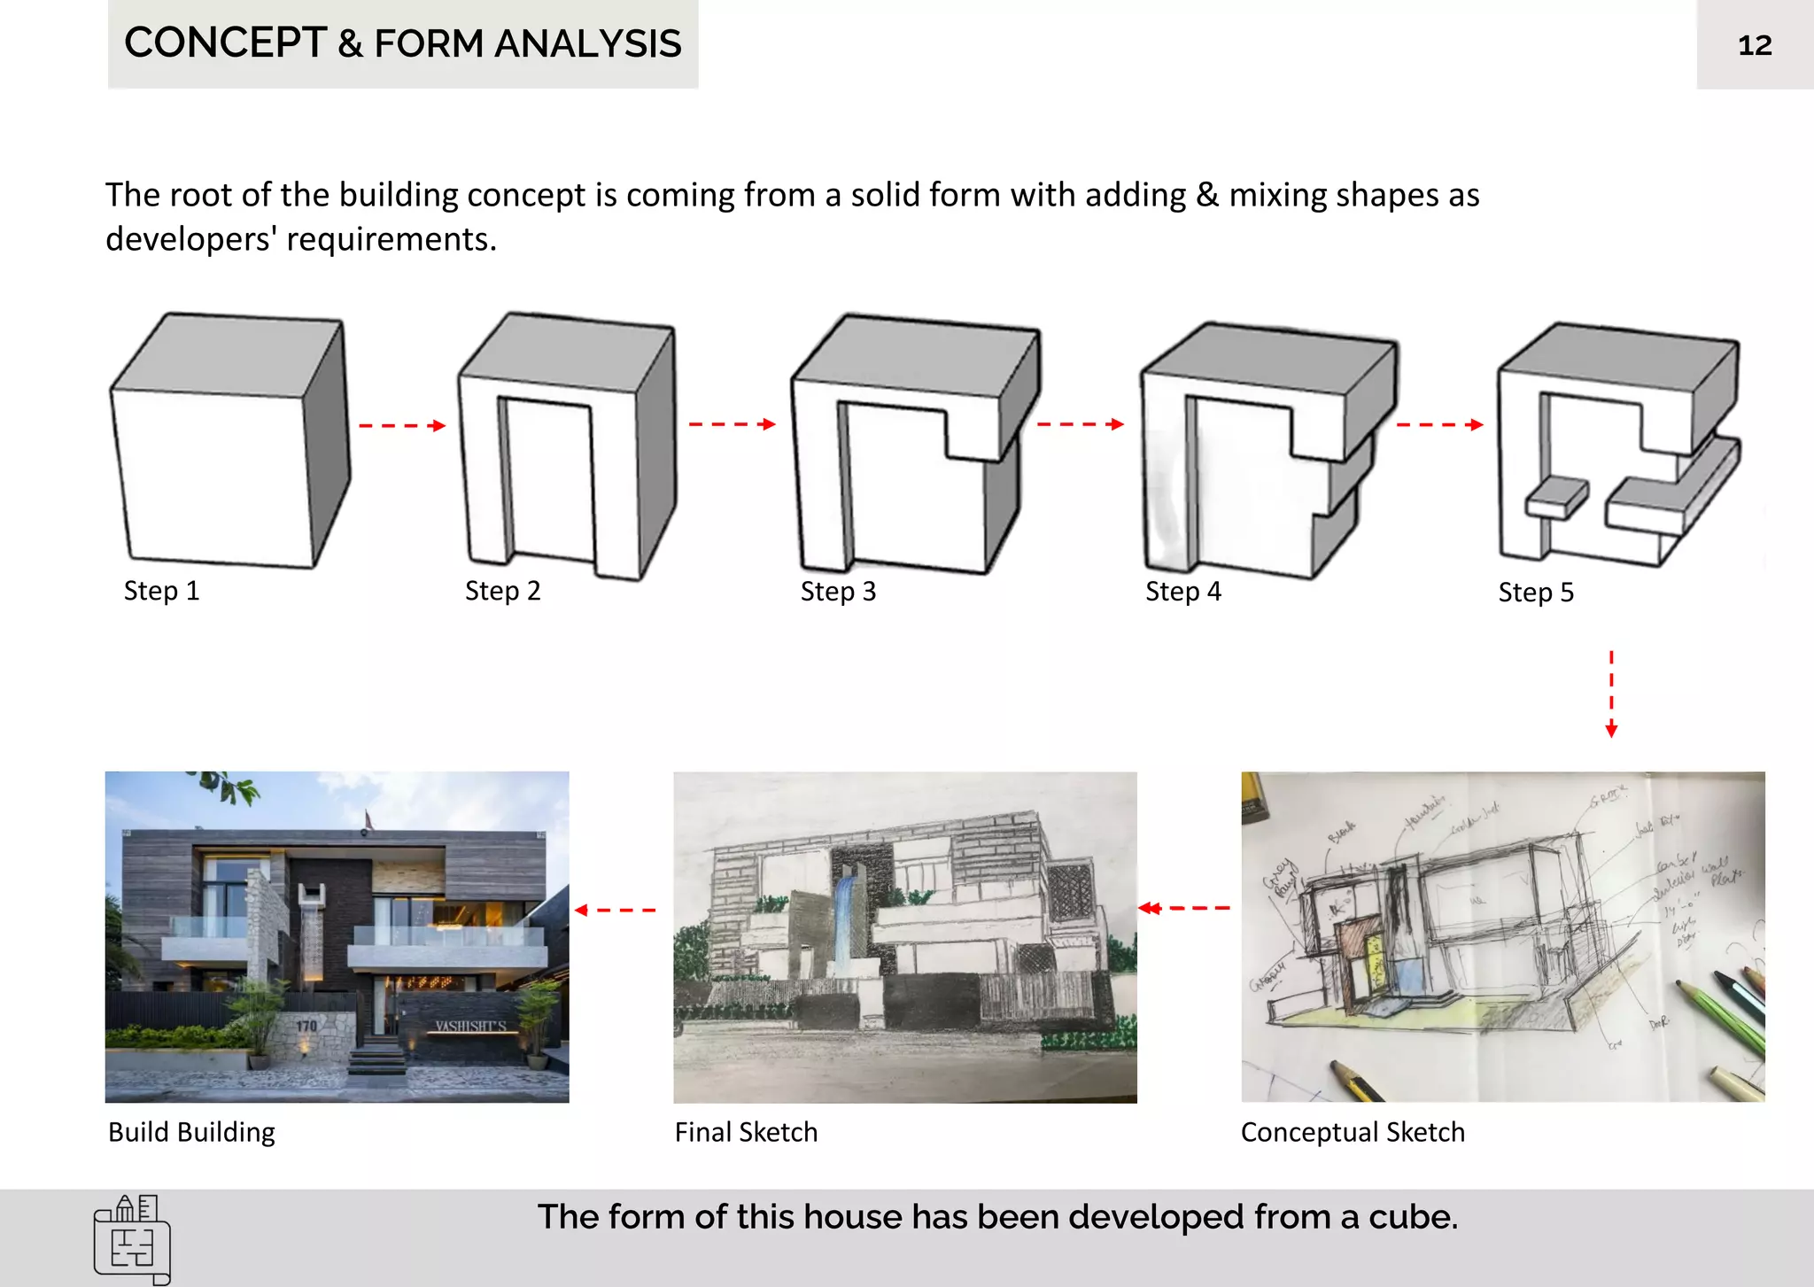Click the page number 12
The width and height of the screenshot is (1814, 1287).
(x=1754, y=45)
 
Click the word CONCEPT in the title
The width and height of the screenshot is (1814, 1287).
(x=225, y=43)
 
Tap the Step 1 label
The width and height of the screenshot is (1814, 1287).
(x=161, y=591)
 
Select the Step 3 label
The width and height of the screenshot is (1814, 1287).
(x=838, y=592)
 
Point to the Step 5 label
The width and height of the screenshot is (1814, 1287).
(x=1535, y=593)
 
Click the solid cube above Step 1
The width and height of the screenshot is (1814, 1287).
(x=229, y=443)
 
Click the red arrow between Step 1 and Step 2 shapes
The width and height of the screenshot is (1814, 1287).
(x=401, y=426)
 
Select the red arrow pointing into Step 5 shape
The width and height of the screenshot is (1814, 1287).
(x=1438, y=425)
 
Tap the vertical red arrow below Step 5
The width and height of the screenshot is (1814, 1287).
(x=1611, y=694)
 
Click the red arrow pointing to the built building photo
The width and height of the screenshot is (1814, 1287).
(x=615, y=910)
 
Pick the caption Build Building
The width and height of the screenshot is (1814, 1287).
(x=191, y=1132)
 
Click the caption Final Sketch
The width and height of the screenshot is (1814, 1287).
(x=746, y=1132)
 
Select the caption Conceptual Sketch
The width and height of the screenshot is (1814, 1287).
(x=1353, y=1132)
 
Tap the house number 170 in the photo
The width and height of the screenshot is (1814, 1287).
(x=306, y=1026)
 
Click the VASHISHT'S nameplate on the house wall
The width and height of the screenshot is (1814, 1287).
(x=470, y=1027)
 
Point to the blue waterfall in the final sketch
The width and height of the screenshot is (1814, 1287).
(x=846, y=912)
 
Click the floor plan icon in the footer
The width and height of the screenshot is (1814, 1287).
(x=132, y=1239)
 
